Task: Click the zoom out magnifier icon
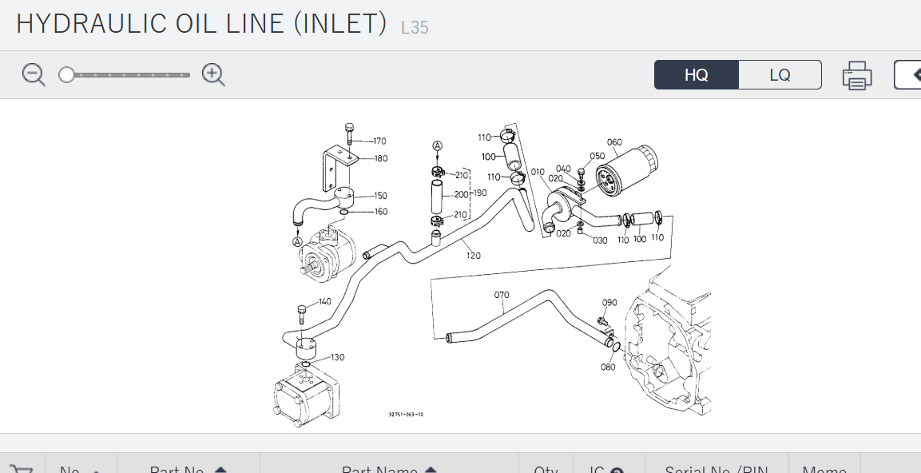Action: pos(34,75)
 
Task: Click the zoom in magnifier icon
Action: pos(213,75)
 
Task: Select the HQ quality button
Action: pos(696,75)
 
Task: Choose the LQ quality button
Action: pos(780,75)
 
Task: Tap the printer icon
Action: pos(856,76)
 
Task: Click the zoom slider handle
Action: pos(67,75)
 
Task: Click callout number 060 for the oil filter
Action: pos(613,143)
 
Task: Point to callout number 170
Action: pos(379,141)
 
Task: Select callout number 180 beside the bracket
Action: pos(381,158)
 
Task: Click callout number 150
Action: pos(380,196)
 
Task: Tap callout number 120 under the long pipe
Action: pos(474,256)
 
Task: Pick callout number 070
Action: pos(502,295)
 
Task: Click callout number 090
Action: pos(609,303)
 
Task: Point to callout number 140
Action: pos(324,302)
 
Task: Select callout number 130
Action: pos(337,357)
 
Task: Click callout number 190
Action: pos(479,193)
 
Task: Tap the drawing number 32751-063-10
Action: pos(406,415)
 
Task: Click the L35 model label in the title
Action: pos(415,28)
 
